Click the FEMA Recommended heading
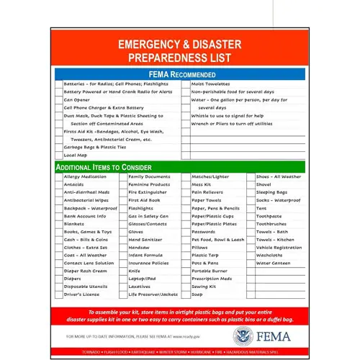coord(181,74)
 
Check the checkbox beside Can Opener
coord(58,99)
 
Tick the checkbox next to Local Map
coord(58,155)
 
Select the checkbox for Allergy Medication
coord(58,176)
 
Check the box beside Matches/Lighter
coord(185,176)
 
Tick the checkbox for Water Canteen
coord(249,263)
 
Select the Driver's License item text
coord(81,294)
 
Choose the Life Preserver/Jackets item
coord(153,294)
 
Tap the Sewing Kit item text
coord(204,287)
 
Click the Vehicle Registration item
coord(279,247)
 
